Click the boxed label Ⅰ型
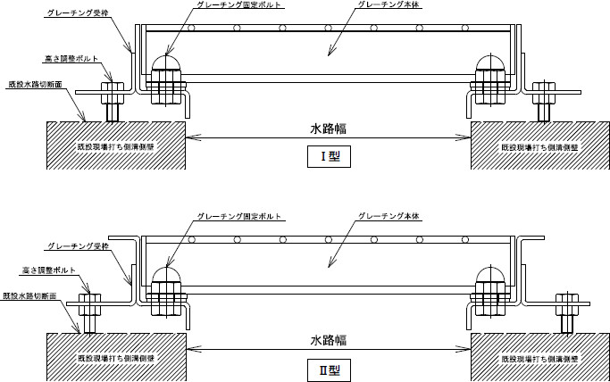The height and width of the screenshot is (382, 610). [x=328, y=159]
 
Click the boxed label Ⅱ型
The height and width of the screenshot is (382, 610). [x=328, y=368]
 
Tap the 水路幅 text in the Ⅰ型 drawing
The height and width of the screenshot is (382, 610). [x=328, y=129]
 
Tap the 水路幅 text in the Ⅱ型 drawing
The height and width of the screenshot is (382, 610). [x=328, y=340]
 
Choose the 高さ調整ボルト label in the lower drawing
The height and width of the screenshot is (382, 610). [x=49, y=269]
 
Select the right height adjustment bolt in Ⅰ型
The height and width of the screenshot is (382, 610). [x=543, y=101]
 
